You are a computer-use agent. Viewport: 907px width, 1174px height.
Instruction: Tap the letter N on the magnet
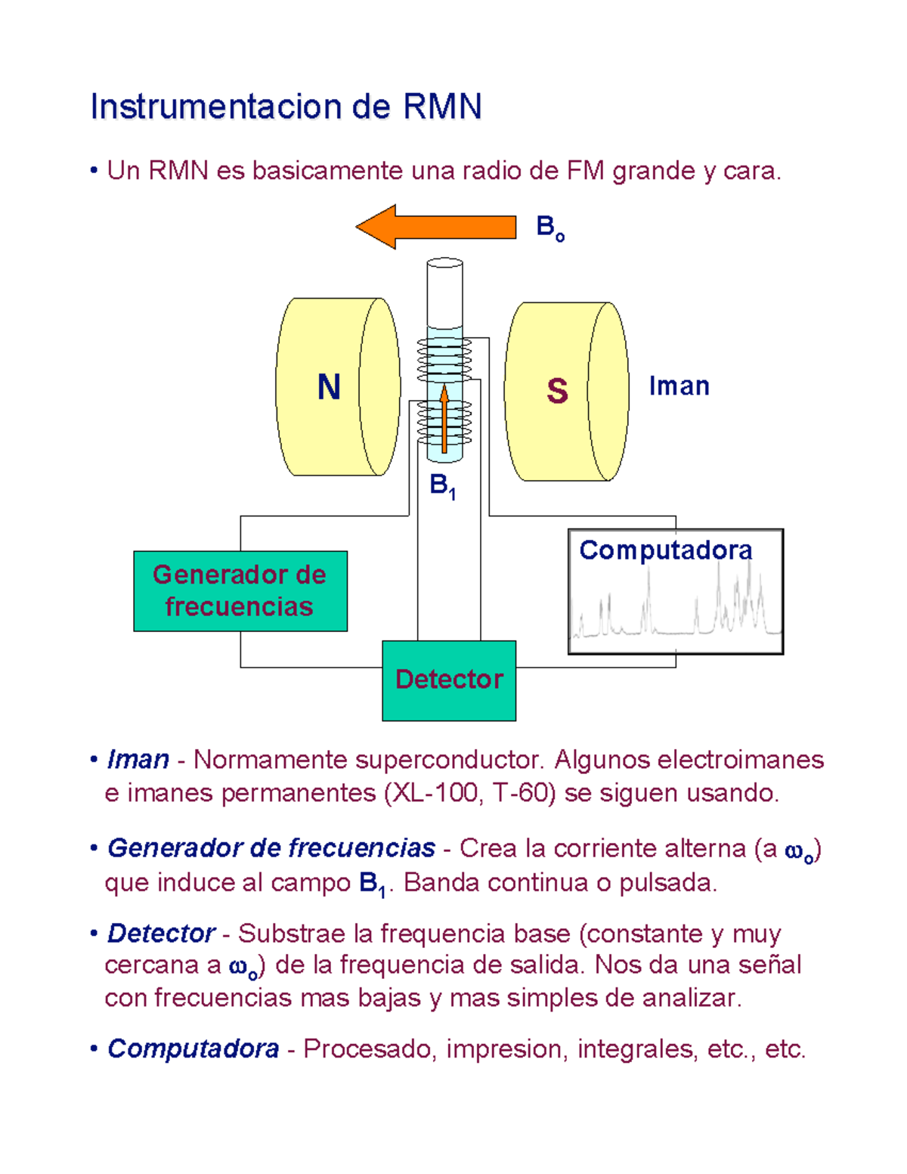coord(329,387)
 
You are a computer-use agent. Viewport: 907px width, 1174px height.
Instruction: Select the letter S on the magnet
coord(557,391)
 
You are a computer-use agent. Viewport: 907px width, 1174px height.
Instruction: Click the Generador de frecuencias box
coord(240,591)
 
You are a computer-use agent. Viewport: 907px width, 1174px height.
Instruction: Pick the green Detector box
coord(449,680)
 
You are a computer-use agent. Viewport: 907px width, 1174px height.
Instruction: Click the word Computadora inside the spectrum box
coord(665,550)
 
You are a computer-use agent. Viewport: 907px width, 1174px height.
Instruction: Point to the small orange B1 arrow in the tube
coord(444,420)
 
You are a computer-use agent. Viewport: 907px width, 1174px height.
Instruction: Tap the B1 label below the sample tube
coord(442,486)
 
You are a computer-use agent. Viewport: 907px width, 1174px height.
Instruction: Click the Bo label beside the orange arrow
coord(549,227)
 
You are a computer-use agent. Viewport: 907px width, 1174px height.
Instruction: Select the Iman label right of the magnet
coord(679,386)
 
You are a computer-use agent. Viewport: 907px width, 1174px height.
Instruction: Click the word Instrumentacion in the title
coord(216,107)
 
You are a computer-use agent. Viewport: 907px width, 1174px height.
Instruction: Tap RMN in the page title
coord(442,107)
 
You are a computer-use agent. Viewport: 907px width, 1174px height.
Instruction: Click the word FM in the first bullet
coord(585,171)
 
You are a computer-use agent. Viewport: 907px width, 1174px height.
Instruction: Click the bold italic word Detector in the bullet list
coord(161,934)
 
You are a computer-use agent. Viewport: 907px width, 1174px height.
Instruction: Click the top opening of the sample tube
coord(444,263)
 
